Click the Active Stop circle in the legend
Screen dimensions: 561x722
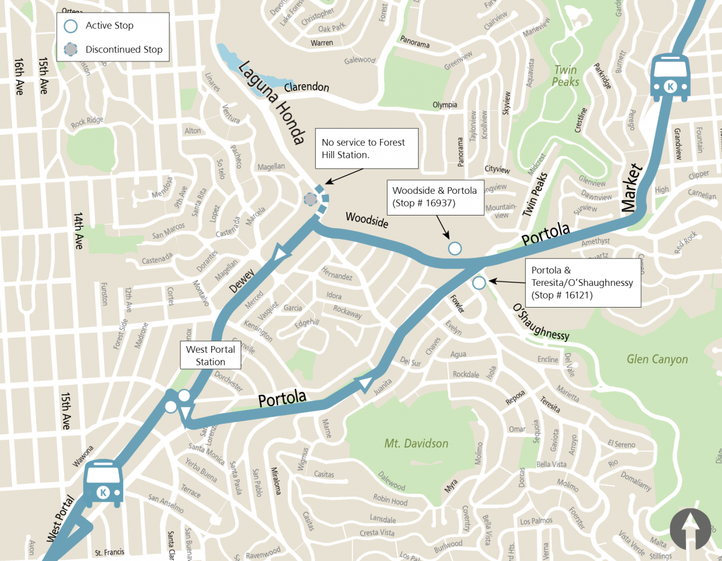click(x=71, y=26)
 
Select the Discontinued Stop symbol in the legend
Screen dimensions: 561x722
click(x=71, y=49)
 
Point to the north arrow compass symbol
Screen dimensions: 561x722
click(x=690, y=528)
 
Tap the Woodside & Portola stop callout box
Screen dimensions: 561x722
click(x=434, y=197)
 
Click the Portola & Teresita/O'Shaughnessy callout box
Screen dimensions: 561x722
click(x=582, y=282)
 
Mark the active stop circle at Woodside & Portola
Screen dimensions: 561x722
click(x=455, y=248)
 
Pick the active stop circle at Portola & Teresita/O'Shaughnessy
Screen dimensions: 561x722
click(x=479, y=282)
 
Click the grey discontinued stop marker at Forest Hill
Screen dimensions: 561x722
click(x=310, y=199)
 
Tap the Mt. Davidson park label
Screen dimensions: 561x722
click(x=416, y=444)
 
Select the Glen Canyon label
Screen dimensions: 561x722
click(x=657, y=359)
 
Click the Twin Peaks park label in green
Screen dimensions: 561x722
click(x=566, y=76)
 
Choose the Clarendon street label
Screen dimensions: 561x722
click(x=306, y=87)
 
